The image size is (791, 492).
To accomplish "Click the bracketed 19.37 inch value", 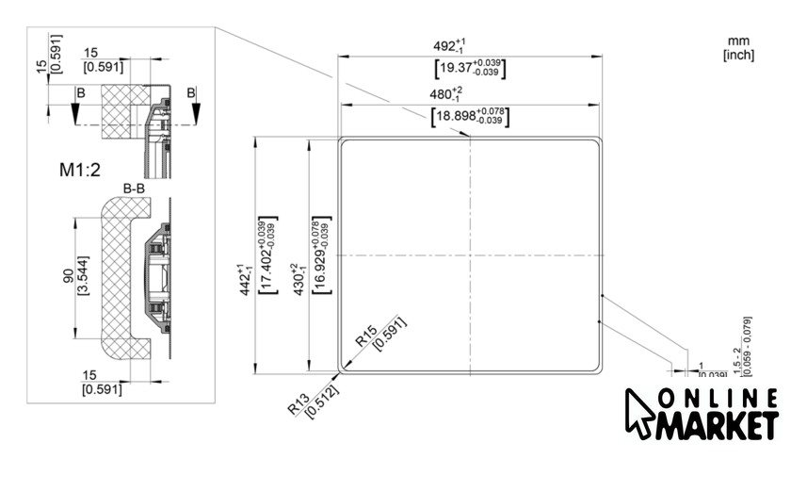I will pos(469,68).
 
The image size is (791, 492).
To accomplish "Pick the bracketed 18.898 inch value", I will pos(469,117).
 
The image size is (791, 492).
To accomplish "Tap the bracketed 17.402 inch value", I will pos(267,255).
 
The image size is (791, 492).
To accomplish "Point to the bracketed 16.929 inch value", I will pos(321,254).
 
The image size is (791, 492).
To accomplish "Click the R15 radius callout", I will pos(365,335).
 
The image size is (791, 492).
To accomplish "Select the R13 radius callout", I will pos(298,407).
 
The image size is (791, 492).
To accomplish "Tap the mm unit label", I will pos(737,41).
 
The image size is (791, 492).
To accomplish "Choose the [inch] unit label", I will pos(737,55).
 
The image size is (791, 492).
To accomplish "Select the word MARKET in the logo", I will pos(718,425).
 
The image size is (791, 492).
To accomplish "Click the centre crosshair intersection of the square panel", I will pos(469,255).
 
